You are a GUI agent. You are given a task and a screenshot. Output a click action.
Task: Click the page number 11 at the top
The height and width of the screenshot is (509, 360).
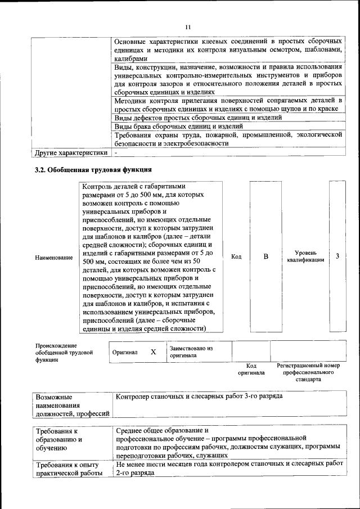(x=188, y=27)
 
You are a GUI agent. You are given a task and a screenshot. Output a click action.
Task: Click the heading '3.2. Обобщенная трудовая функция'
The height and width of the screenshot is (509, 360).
(x=93, y=169)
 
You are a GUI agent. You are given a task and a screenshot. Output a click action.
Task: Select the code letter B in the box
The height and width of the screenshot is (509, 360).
(x=266, y=257)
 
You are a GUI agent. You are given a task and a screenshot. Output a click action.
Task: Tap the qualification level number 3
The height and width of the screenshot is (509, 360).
(x=337, y=257)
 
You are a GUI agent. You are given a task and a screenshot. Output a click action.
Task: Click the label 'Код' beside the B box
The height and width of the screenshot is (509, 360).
(x=236, y=257)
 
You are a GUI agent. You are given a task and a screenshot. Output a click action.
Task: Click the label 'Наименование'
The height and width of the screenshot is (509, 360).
(x=53, y=258)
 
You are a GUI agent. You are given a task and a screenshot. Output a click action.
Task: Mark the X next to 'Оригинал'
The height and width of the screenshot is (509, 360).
(x=153, y=352)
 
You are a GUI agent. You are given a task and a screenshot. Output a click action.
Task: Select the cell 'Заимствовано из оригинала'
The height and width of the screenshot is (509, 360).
(x=191, y=352)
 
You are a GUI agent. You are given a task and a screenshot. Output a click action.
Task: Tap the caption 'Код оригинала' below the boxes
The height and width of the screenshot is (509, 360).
(x=251, y=369)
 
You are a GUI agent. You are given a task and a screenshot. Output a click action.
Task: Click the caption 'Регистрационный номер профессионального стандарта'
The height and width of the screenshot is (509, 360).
(x=308, y=372)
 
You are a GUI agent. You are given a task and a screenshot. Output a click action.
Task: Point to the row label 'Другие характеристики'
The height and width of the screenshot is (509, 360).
(x=71, y=152)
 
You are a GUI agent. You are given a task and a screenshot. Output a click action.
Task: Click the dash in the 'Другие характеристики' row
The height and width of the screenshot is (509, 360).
(x=116, y=152)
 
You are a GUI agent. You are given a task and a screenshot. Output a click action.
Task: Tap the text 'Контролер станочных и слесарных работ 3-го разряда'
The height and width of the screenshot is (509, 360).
(x=199, y=397)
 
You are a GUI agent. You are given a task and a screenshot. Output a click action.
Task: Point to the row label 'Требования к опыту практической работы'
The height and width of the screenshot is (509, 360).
(x=67, y=469)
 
